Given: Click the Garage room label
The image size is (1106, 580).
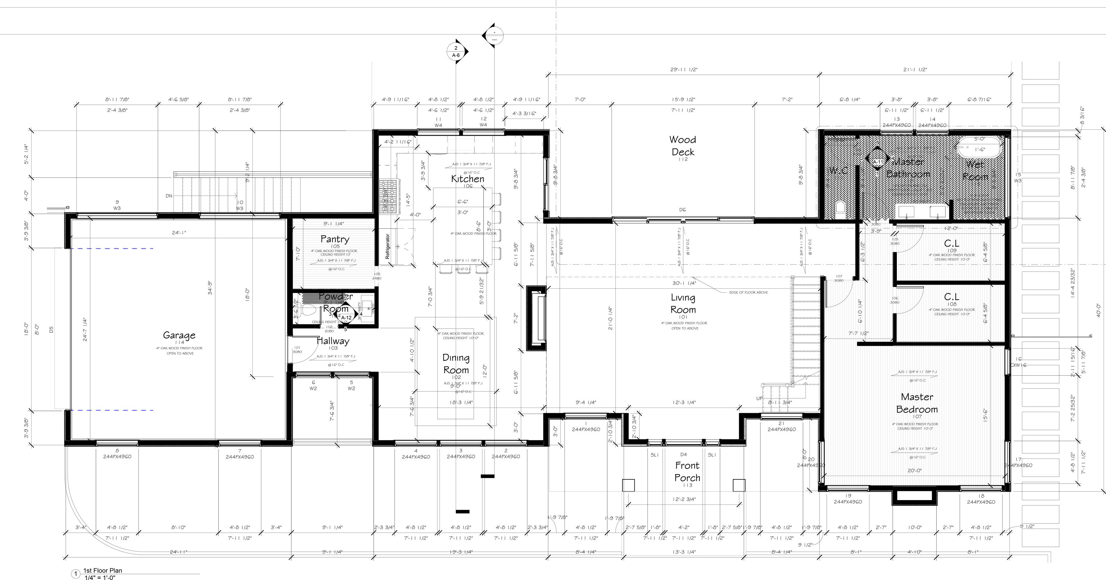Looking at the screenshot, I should coord(179,335).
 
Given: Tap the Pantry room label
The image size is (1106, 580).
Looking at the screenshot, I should coord(334,239).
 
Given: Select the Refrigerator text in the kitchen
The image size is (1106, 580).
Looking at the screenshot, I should coord(387,246).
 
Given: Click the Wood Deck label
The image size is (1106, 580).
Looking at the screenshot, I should coord(683,146).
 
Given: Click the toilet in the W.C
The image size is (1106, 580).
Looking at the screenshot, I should coord(840,209).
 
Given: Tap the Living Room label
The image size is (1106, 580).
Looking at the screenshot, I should coord(683,303).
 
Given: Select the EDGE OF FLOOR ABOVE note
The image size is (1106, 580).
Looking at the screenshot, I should coord(749,292).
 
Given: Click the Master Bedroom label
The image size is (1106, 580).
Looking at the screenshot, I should coord(917,403).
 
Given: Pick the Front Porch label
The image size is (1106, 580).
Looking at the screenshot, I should coord(687,471).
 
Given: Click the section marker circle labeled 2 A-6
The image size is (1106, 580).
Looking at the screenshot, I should coord(456,51).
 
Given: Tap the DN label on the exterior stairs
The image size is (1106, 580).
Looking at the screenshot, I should coord(169,196).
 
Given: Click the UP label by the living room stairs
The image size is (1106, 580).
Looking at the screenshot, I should coord(759,398).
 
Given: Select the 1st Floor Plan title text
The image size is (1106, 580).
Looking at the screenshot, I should coord(103,571).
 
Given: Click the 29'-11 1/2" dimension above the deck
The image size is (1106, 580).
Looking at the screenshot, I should coord(684,69).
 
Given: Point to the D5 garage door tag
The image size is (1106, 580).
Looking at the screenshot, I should coord(52,330).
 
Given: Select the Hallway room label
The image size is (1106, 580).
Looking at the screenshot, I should coord(333,341).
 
